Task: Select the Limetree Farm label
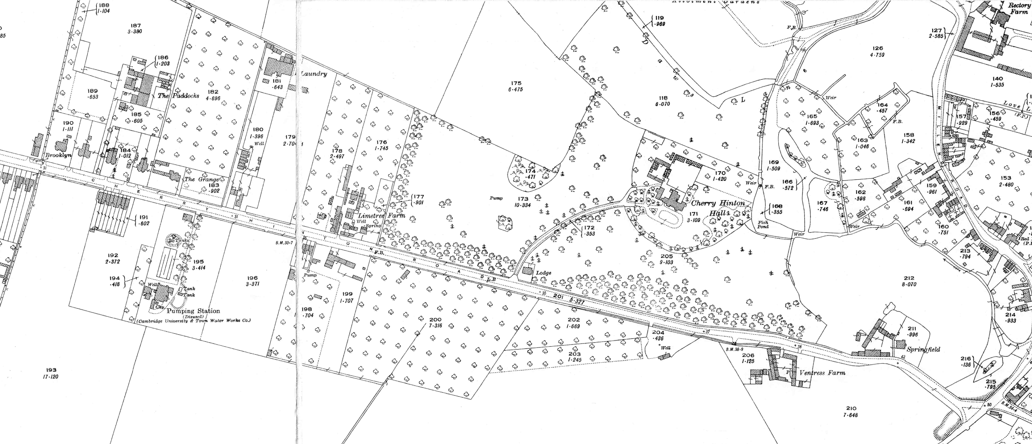coord(381,215)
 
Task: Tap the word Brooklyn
coord(58,155)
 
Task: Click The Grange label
coord(202,179)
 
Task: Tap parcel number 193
coord(51,370)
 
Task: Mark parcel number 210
coord(850,408)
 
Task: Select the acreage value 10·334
coord(523,205)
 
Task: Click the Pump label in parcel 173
coord(496,198)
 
